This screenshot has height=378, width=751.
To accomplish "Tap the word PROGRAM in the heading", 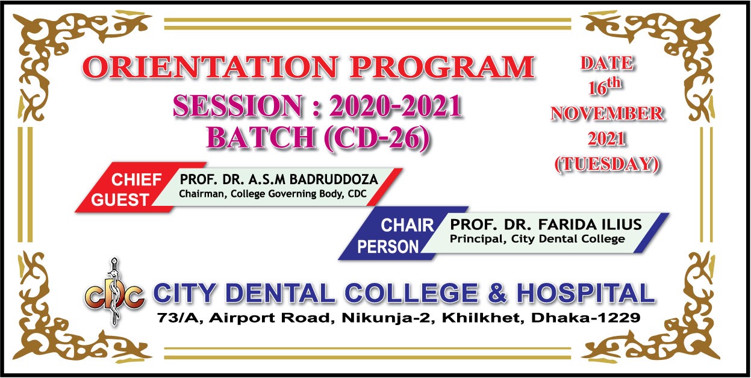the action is [x=442, y=67].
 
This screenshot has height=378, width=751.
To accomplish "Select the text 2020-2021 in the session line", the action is [x=396, y=106].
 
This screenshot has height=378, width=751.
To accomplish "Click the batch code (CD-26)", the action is [x=377, y=138].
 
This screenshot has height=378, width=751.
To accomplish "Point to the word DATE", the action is [x=607, y=63].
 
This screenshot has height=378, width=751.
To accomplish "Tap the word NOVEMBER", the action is [x=607, y=113].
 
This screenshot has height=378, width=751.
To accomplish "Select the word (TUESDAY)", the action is [x=607, y=164].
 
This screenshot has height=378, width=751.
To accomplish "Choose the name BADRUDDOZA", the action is [x=334, y=179].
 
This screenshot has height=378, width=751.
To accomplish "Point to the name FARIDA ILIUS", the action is [x=590, y=225].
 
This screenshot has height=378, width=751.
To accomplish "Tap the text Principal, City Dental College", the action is [x=537, y=239].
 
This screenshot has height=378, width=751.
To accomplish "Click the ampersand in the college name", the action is [x=497, y=293].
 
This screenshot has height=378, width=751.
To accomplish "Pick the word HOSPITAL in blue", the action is [x=586, y=293].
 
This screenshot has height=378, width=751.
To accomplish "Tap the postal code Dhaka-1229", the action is [x=586, y=317].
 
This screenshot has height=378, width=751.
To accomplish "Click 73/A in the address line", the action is [x=180, y=318].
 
